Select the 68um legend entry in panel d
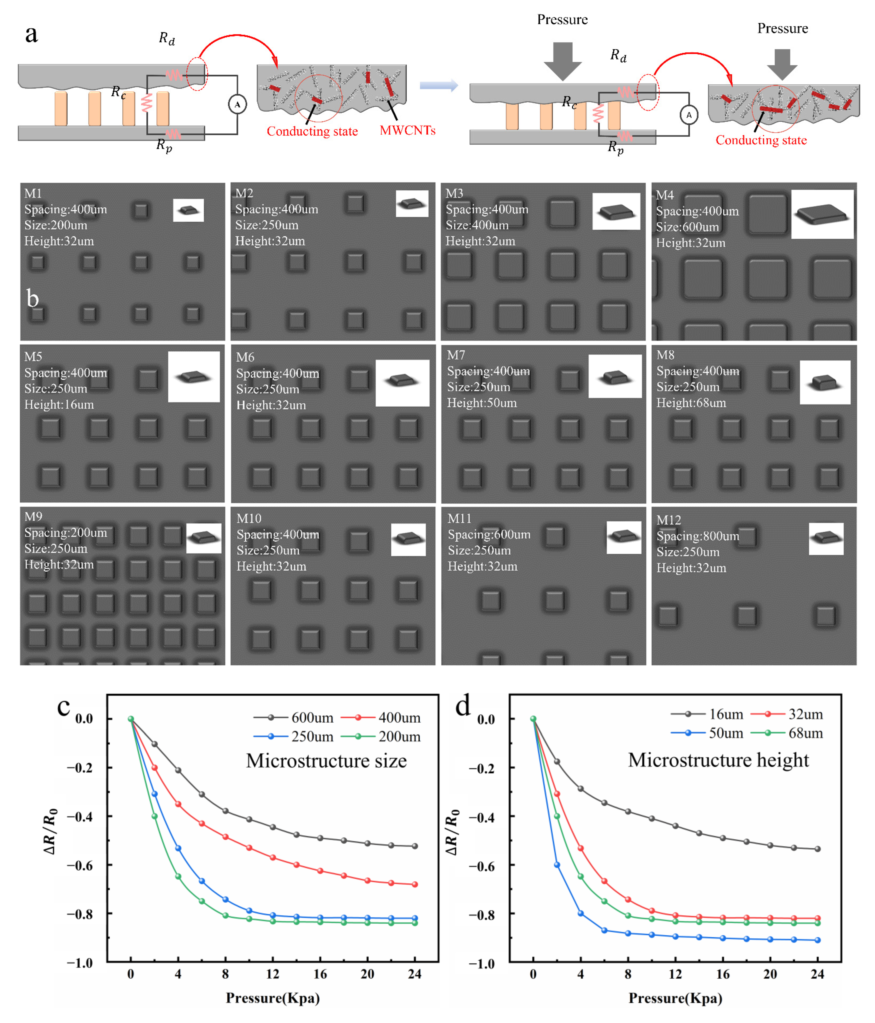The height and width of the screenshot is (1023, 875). [x=805, y=733]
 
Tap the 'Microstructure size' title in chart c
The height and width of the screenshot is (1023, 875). [x=326, y=761]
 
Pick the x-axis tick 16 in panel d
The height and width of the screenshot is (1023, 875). [x=722, y=974]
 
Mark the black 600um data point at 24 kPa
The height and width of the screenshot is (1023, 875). [x=415, y=846]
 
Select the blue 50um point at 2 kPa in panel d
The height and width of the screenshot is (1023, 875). [x=557, y=865]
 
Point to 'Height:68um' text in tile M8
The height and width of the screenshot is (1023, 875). [x=691, y=403]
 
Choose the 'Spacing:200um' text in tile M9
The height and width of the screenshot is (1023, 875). [x=66, y=533]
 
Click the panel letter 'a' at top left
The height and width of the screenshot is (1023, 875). [x=31, y=35]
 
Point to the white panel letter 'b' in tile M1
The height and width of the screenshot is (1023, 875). [x=33, y=299]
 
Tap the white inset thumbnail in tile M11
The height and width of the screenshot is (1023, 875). [x=624, y=537]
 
